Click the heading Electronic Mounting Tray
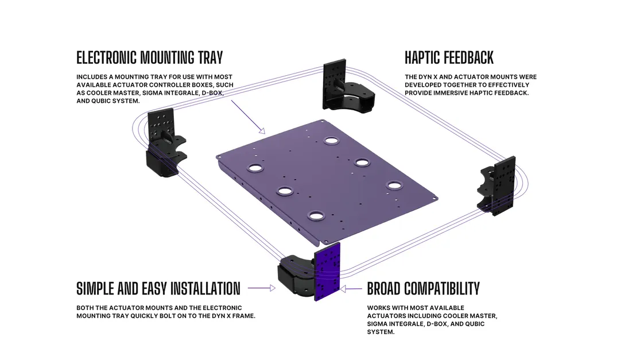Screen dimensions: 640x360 click(149, 57)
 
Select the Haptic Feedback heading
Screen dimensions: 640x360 click(449, 57)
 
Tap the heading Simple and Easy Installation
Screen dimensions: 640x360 click(158, 289)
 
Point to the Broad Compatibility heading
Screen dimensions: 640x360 click(423, 289)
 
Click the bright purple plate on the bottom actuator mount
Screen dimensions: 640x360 click(327, 272)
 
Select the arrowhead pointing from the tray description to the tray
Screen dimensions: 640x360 click(262, 130)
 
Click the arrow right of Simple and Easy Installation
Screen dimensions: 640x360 click(262, 288)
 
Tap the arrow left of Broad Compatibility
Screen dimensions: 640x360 click(351, 289)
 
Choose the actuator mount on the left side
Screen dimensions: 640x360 click(165, 143)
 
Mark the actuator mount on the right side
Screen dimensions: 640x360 click(498, 185)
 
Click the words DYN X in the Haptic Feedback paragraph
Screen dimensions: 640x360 click(428, 77)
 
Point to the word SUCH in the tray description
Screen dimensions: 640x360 click(225, 85)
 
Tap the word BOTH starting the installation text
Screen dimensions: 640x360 click(85, 308)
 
